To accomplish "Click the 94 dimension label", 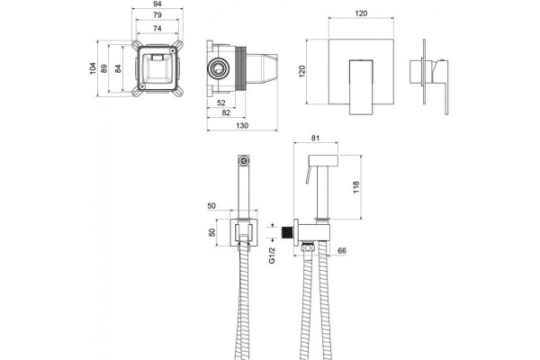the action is click(x=157, y=4).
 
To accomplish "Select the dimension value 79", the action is click(x=157, y=15).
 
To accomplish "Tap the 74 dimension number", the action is click(x=157, y=28).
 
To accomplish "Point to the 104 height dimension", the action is click(x=93, y=68).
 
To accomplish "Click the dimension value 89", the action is click(x=104, y=68).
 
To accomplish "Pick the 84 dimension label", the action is click(x=118, y=68).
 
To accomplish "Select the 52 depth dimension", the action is click(x=221, y=103).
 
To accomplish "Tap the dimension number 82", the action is click(x=226, y=112).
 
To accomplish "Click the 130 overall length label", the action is click(x=242, y=126).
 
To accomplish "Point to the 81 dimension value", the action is click(x=315, y=138).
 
